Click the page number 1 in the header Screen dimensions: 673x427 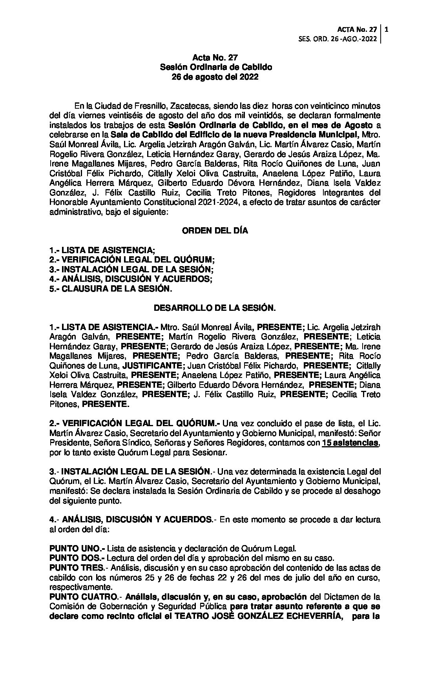[387, 29]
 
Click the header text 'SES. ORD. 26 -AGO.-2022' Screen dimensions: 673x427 [338, 39]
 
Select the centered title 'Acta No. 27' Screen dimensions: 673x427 [215, 58]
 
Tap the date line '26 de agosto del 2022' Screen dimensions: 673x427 [215, 77]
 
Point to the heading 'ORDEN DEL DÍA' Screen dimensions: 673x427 [215, 231]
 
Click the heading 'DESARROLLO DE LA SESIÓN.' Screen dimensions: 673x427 [215, 308]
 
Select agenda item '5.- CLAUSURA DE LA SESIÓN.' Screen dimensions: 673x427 [111, 289]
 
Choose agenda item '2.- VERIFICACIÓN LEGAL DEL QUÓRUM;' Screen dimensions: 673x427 [132, 260]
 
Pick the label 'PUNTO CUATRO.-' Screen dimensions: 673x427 [85, 597]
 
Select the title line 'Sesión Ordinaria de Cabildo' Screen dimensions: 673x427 [215, 67]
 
